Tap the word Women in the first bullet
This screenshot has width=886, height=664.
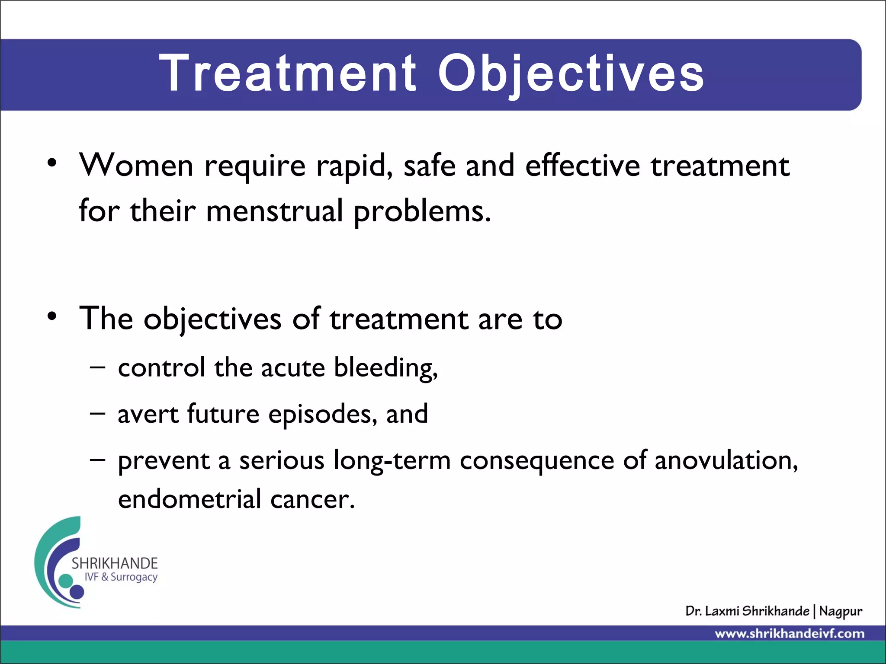[x=136, y=166]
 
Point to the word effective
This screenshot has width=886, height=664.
[x=582, y=166]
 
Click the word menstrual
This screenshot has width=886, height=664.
[x=275, y=211]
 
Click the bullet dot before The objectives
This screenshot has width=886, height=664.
[x=52, y=317]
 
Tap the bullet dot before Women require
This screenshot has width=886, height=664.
[x=52, y=163]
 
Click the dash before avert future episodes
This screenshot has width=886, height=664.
[x=97, y=413]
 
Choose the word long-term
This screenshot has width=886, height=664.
[x=392, y=461]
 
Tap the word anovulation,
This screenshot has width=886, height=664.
[x=726, y=460]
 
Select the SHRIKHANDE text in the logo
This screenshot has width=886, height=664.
[x=115, y=563]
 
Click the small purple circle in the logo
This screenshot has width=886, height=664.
[x=77, y=591]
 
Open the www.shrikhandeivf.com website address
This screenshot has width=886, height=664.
[x=790, y=634]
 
